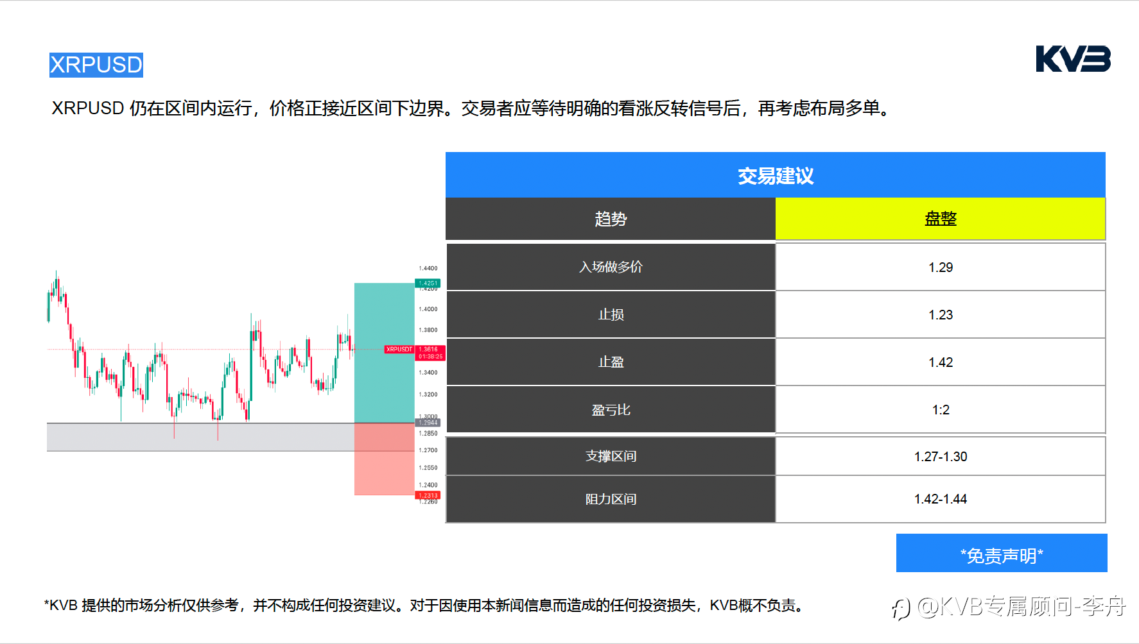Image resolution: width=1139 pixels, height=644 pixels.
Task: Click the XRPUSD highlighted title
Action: tap(96, 65)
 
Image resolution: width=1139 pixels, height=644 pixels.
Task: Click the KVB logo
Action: tap(1073, 59)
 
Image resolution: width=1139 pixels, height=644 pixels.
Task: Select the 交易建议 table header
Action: tap(775, 175)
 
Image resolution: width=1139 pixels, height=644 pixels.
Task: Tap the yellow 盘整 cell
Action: tap(940, 219)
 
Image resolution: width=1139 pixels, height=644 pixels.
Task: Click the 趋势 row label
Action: tap(610, 219)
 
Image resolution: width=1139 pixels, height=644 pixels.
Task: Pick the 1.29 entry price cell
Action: tap(940, 267)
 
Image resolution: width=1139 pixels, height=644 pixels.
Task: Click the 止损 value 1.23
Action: tap(940, 315)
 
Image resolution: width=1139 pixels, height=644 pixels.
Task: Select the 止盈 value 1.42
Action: tap(940, 362)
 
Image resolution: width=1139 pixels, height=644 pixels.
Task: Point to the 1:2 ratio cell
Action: tap(940, 410)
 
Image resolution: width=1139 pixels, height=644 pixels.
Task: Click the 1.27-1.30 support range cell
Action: tap(940, 457)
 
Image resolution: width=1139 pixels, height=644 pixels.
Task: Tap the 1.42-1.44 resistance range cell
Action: tap(940, 499)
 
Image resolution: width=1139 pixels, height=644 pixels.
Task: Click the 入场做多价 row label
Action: tap(610, 267)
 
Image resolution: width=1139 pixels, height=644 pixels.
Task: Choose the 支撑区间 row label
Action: tap(610, 456)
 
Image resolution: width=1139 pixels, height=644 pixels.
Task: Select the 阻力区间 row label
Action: tap(610, 499)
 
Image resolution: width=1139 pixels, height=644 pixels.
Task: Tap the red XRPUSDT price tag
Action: tap(399, 350)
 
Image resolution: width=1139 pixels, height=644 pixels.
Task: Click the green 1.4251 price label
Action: tap(428, 283)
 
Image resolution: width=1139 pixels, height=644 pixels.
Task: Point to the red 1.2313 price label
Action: tap(428, 495)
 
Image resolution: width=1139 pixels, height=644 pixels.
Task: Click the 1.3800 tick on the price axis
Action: tap(428, 330)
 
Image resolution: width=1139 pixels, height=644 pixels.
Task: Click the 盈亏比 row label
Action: tap(610, 410)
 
